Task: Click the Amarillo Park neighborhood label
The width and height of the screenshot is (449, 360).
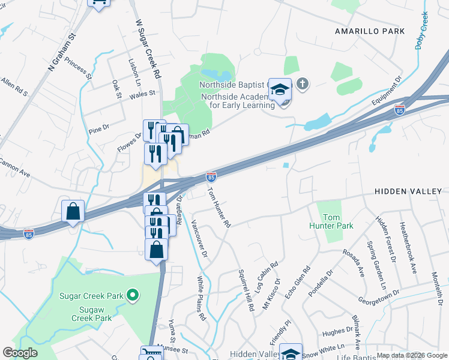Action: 370,31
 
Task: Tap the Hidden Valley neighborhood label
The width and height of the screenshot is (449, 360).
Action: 408,191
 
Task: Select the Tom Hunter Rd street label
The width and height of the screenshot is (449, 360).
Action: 218,207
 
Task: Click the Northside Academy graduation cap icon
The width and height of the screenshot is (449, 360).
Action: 280,89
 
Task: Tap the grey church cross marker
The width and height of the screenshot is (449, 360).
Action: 303,84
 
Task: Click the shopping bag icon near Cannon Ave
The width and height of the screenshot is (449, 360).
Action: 73,211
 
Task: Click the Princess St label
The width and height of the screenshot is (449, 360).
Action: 79,68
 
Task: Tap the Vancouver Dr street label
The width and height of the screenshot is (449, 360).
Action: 199,239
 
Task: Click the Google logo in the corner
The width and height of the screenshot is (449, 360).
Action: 20,353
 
